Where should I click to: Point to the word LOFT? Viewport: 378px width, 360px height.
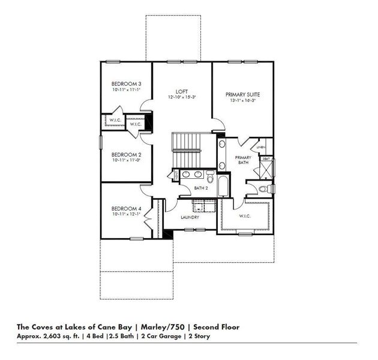click(x=182, y=91)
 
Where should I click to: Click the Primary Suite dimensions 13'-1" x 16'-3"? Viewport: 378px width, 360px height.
click(x=243, y=100)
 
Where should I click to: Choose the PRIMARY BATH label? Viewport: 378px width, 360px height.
click(x=242, y=160)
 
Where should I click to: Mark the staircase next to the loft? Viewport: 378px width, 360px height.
click(x=185, y=151)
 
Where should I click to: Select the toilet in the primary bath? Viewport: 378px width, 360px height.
click(x=262, y=188)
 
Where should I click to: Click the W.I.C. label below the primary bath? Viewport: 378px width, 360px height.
click(x=244, y=216)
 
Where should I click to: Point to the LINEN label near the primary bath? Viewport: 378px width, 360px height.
click(x=261, y=147)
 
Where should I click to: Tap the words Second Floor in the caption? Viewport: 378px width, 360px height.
click(x=222, y=327)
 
